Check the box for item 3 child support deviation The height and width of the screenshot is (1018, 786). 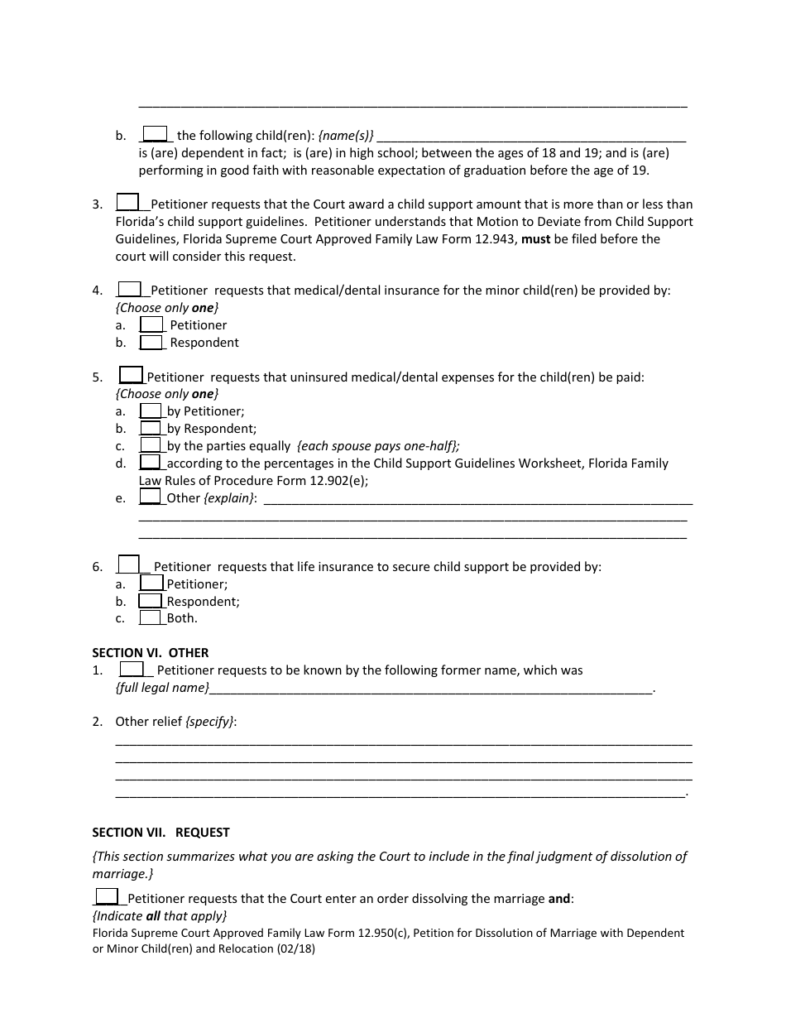127,203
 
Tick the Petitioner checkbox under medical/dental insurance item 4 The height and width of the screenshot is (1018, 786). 151,324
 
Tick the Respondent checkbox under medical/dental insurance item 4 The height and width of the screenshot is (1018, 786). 151,342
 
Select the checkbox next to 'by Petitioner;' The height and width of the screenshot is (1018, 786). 151,411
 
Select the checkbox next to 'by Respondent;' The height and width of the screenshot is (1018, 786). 151,428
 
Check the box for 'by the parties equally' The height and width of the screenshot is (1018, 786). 151,445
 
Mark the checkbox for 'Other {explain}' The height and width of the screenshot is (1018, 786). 151,497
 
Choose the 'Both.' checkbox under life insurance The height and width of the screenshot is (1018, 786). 151,617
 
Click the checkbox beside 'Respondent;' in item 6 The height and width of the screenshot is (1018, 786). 151,601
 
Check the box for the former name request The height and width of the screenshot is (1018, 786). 132,670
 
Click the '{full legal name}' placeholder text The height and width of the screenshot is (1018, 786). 162,688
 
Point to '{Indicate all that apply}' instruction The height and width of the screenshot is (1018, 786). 159,916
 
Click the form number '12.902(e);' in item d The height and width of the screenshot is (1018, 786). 338,480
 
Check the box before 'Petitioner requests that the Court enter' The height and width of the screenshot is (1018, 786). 107,896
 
